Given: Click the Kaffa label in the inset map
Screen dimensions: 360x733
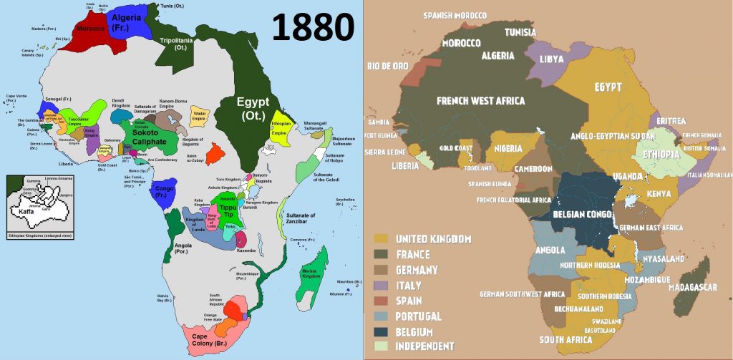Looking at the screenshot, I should [x=27, y=212].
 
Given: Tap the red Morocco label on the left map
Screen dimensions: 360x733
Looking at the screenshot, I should [x=92, y=29].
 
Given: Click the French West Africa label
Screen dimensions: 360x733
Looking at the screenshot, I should [x=480, y=101].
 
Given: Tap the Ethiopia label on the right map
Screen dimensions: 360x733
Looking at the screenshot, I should [x=661, y=154].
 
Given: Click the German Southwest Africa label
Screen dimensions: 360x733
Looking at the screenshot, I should [x=523, y=294].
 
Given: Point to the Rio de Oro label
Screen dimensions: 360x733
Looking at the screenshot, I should [x=387, y=66].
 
